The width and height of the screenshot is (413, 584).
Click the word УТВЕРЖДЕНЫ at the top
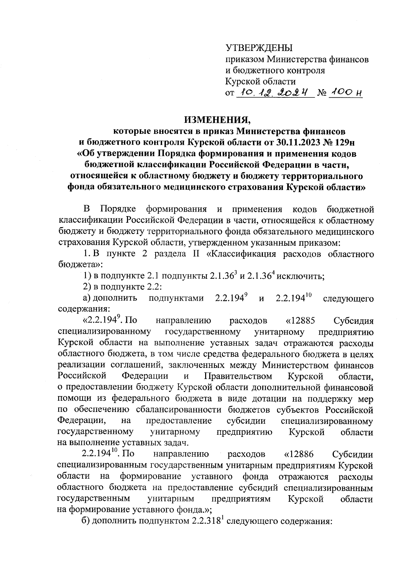pyautogui.click(x=258, y=48)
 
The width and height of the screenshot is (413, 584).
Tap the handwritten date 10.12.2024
pyautogui.click(x=275, y=92)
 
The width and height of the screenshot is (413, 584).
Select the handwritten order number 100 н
pyautogui.click(x=345, y=92)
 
